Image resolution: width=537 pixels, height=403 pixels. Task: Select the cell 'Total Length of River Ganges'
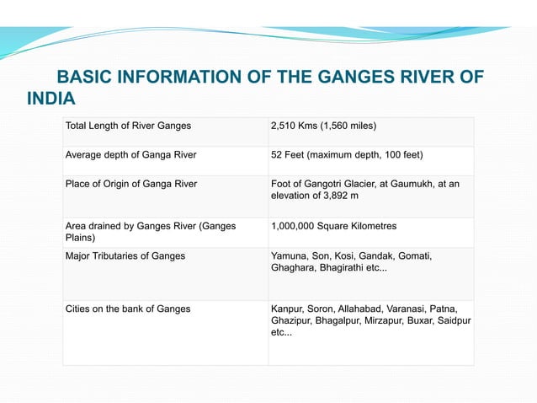128,126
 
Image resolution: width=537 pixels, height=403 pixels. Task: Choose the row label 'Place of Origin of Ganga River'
132,184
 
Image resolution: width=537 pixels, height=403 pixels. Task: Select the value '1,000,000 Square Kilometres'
333,226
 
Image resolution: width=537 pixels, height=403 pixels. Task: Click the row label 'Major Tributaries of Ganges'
125,255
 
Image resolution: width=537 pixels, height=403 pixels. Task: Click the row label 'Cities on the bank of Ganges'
128,309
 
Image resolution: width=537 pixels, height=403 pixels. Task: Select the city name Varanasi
406,309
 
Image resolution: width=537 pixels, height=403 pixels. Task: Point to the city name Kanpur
289,309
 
